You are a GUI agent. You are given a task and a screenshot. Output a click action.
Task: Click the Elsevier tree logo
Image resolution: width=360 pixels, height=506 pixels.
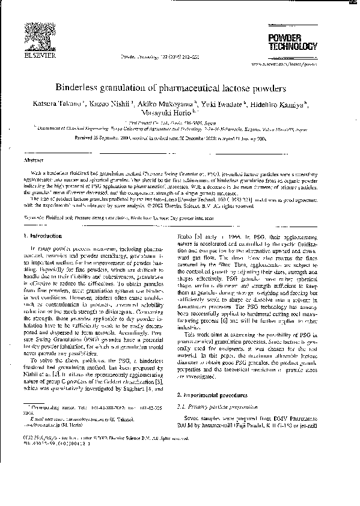click(x=40, y=37)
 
